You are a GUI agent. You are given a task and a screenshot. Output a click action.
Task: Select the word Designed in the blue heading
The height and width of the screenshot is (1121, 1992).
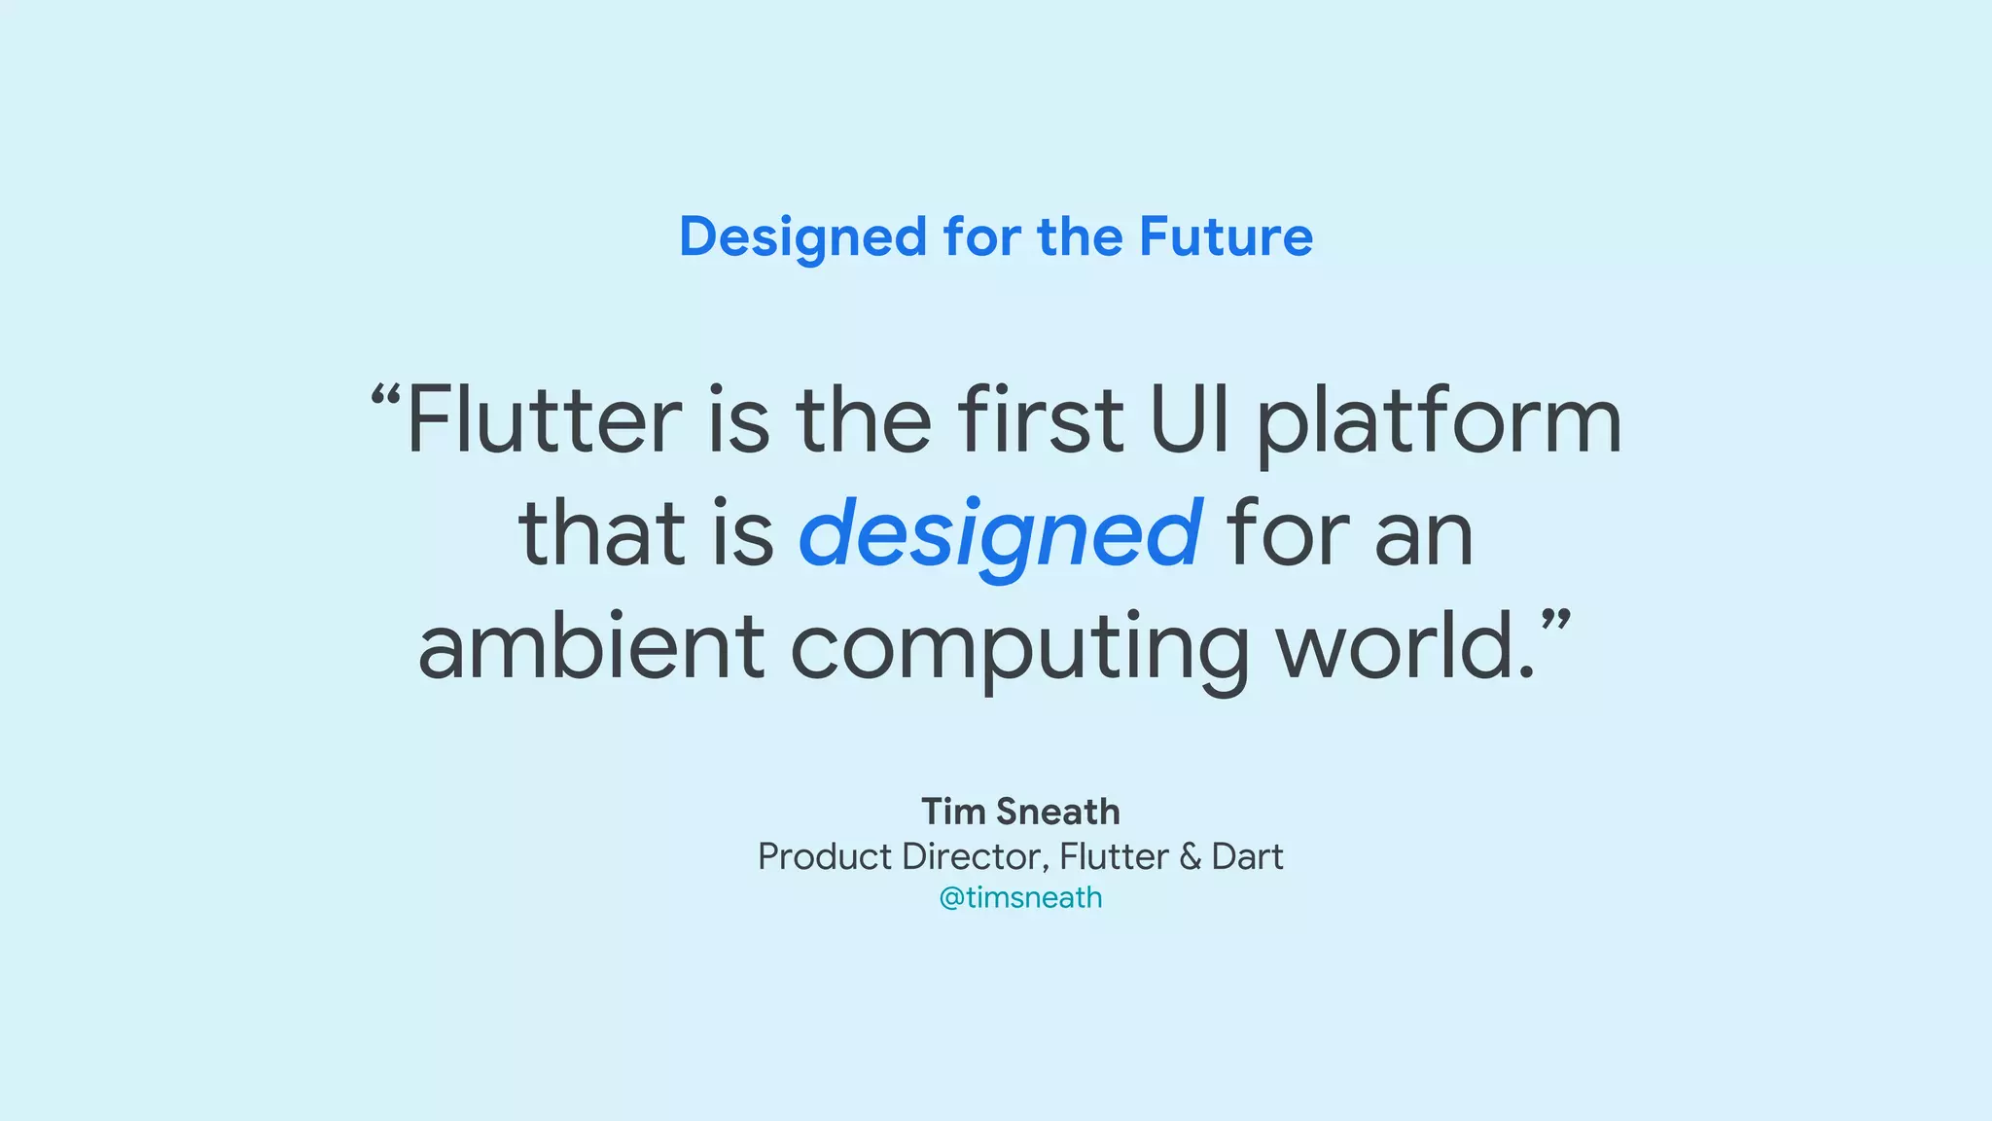tap(803, 237)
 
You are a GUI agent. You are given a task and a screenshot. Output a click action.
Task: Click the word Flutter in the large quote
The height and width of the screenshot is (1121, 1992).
tap(544, 420)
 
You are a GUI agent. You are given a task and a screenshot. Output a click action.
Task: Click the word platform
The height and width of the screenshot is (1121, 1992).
tap(1439, 424)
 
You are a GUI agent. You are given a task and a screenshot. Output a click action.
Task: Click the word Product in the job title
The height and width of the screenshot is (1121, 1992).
tap(825, 857)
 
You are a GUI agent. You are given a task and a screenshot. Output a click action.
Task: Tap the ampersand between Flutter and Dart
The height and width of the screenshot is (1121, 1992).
tap(1191, 857)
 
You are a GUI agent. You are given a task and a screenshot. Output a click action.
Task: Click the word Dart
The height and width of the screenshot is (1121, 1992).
tap(1248, 857)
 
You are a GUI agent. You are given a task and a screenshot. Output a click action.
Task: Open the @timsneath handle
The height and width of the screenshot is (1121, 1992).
tap(1020, 897)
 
